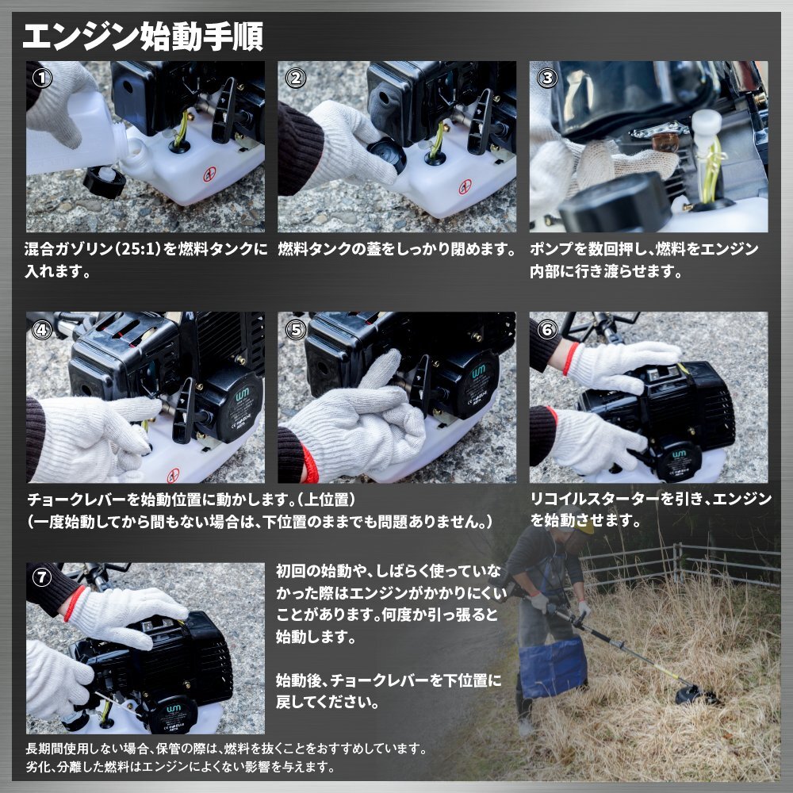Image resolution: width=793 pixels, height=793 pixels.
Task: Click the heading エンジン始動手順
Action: (x=143, y=36)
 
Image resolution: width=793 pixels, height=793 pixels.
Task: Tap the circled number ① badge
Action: (x=42, y=78)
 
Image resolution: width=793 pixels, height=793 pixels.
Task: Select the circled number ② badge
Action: (x=295, y=78)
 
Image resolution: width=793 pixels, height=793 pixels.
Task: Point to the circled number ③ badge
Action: (x=547, y=78)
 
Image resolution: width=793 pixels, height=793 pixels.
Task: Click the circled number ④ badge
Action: (x=42, y=330)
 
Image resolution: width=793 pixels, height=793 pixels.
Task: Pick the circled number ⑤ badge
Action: (x=295, y=330)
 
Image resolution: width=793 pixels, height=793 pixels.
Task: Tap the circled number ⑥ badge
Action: (x=547, y=330)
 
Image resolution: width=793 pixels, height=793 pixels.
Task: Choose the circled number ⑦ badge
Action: (x=42, y=577)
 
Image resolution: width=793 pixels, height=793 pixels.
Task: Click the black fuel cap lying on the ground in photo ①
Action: (x=104, y=182)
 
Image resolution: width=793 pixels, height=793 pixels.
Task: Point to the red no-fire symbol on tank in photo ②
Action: (x=465, y=187)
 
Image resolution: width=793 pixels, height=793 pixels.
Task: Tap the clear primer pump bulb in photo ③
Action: (x=665, y=142)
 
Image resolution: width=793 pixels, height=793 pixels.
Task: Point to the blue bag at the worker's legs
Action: (x=554, y=666)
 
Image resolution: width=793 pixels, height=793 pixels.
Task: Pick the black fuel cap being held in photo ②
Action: (x=387, y=154)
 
